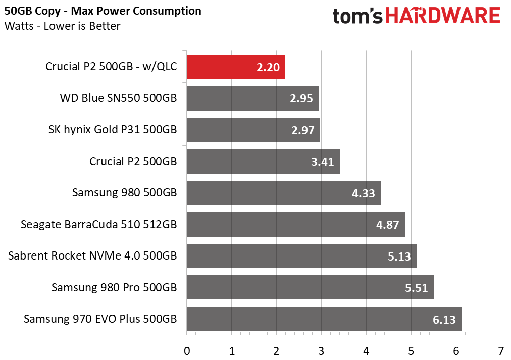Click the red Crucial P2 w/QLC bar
(236, 67)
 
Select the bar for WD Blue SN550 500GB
(253, 98)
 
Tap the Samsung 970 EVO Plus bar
(324, 319)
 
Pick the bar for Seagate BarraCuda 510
(296, 225)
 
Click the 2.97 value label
(303, 130)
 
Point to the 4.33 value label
(364, 193)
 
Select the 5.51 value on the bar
(417, 288)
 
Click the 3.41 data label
(322, 162)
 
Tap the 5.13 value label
(399, 256)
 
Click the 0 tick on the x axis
(187, 351)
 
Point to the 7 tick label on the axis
(501, 351)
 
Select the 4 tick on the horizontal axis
(366, 351)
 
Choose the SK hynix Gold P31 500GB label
(113, 130)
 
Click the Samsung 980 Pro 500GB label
(114, 287)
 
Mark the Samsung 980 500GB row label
(125, 192)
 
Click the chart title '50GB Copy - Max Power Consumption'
(103, 11)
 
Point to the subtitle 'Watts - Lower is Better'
(62, 26)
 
